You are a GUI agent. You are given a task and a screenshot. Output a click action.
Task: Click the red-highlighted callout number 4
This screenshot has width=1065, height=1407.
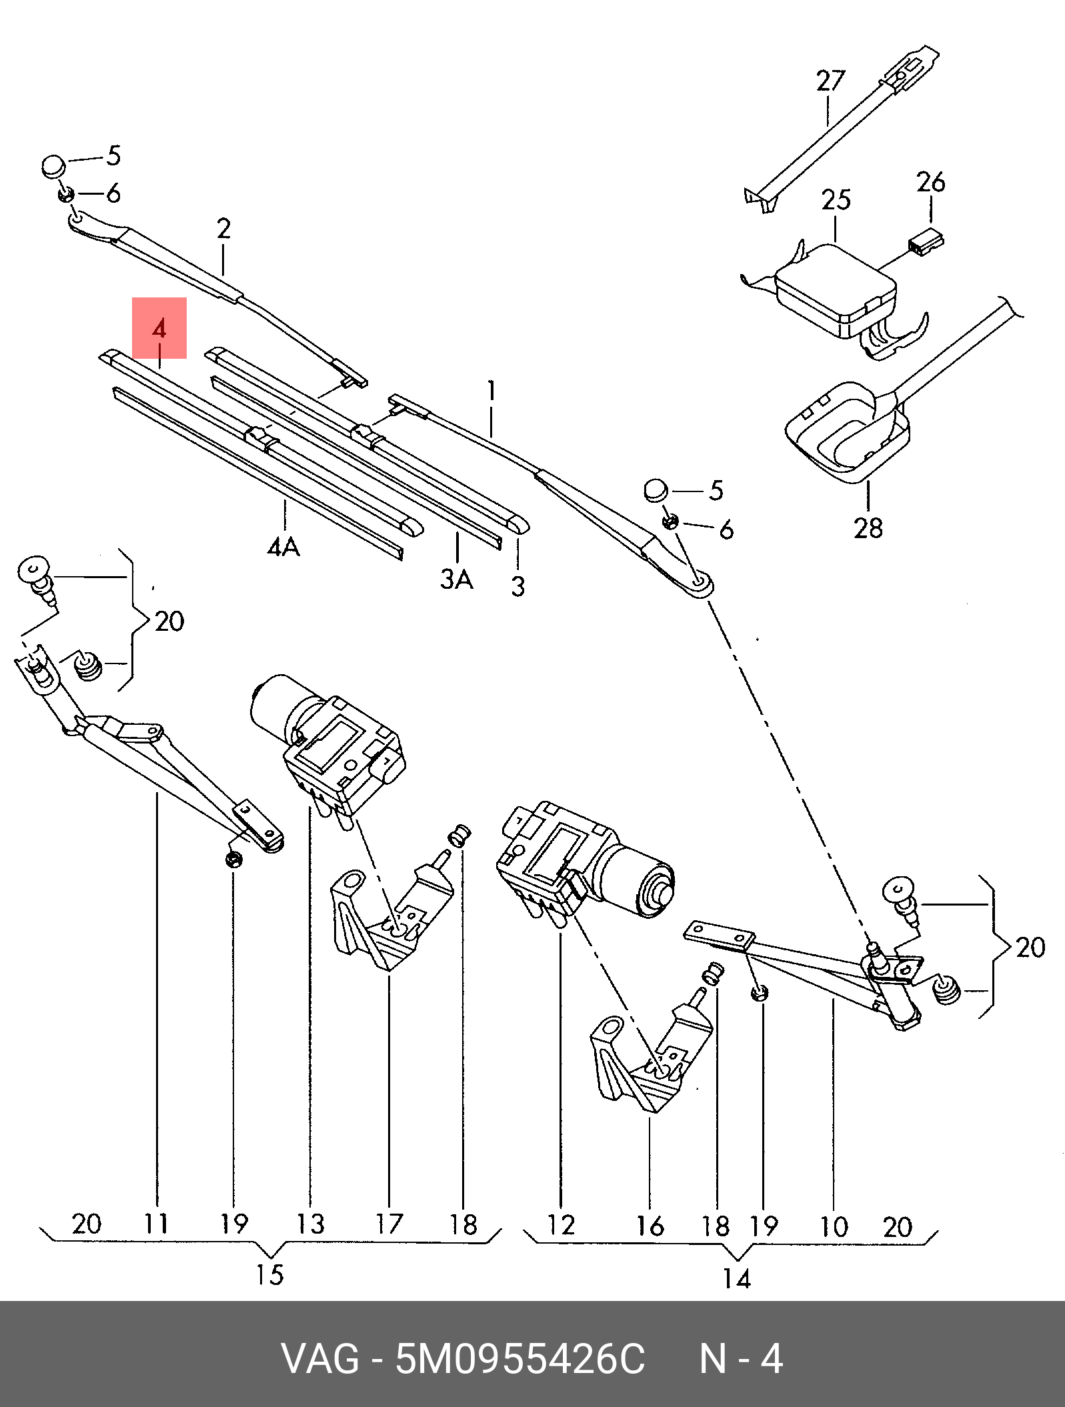[x=159, y=330]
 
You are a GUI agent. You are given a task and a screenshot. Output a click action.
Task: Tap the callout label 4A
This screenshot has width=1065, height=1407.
[x=284, y=547]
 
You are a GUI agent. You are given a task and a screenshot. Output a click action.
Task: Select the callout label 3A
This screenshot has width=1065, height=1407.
[x=457, y=579]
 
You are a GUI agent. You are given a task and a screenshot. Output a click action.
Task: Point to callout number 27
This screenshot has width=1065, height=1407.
[x=830, y=81]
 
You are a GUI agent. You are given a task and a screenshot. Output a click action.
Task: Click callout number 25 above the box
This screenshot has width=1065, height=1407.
[x=836, y=199]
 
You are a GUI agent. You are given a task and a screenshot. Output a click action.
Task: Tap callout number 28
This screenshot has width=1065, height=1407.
[x=868, y=527]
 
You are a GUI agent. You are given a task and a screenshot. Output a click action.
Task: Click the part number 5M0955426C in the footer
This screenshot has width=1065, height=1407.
[x=520, y=1359]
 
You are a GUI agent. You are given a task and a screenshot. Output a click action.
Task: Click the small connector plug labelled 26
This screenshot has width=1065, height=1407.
[x=926, y=241]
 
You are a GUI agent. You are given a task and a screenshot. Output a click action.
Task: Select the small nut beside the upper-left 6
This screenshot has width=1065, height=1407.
[x=65, y=195]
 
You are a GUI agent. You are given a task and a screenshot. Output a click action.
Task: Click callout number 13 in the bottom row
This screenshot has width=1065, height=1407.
[x=311, y=1224]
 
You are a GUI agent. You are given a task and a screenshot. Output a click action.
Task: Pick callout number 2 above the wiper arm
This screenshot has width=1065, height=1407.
[x=223, y=229]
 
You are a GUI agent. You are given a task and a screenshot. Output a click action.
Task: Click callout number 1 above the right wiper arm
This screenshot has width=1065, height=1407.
[x=491, y=391]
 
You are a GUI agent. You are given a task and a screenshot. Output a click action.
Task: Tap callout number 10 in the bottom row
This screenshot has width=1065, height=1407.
[x=833, y=1226]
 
